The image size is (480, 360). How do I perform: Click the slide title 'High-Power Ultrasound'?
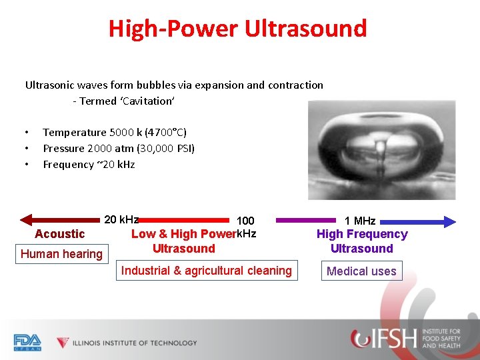(x=238, y=29)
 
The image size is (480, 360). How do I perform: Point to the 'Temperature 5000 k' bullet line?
(x=119, y=132)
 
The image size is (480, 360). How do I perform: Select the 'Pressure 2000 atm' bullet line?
(x=119, y=148)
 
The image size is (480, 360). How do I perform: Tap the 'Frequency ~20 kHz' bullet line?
(x=89, y=164)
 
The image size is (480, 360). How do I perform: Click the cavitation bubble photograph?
(x=381, y=149)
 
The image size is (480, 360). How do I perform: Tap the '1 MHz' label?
(x=360, y=221)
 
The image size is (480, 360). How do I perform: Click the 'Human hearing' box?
(x=61, y=254)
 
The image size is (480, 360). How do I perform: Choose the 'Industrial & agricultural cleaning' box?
(x=206, y=271)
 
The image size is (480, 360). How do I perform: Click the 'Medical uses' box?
(x=361, y=271)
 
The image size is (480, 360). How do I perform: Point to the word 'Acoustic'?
(x=60, y=234)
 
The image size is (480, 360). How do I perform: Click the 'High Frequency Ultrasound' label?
(x=362, y=241)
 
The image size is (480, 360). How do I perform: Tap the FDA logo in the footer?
(x=27, y=342)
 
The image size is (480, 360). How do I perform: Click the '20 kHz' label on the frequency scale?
(x=121, y=219)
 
